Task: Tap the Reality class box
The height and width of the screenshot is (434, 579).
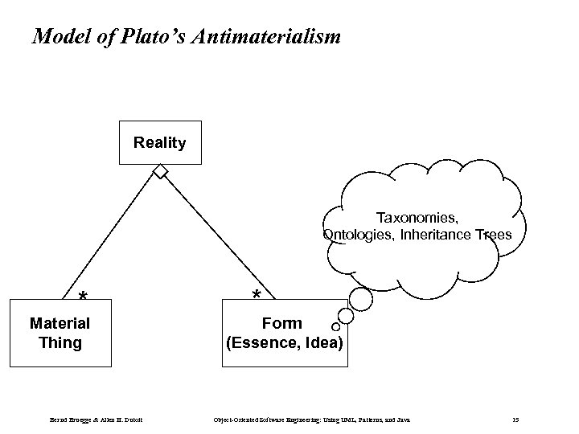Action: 159,143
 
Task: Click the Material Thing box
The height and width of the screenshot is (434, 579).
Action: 60,333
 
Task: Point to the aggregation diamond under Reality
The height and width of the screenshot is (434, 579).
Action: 162,172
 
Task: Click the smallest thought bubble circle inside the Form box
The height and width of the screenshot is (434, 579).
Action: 335,327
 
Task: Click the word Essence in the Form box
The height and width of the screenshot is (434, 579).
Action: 259,344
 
